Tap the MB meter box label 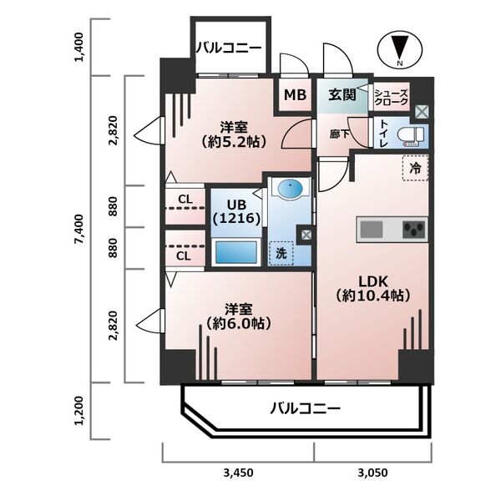pyautogui.click(x=294, y=95)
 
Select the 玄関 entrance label pyautogui.click(x=342, y=94)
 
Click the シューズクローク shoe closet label pyautogui.click(x=392, y=96)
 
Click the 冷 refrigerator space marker pyautogui.click(x=415, y=168)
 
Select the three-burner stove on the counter pyautogui.click(x=412, y=229)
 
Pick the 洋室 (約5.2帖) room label pyautogui.click(x=233, y=134)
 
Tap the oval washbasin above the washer pyautogui.click(x=290, y=191)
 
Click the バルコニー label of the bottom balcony pyautogui.click(x=305, y=409)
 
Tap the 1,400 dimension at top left pyautogui.click(x=78, y=48)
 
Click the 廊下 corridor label pyautogui.click(x=337, y=132)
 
